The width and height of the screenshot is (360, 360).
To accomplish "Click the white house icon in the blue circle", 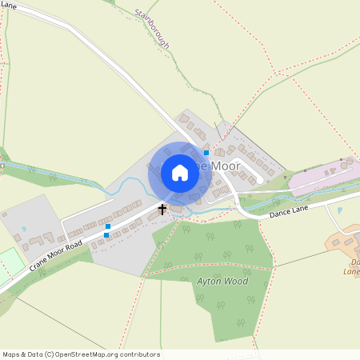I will click(x=180, y=173).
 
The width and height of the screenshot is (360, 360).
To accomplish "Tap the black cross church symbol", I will click(x=162, y=210).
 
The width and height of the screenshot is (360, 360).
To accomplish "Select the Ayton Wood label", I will click(x=222, y=282).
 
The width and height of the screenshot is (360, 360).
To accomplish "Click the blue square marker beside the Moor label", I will click(x=206, y=152).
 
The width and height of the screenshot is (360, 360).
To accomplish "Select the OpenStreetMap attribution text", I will click(x=81, y=354).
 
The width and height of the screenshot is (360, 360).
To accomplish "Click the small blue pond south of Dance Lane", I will click(x=339, y=210).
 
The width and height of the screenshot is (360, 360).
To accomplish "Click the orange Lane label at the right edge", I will click(x=351, y=271).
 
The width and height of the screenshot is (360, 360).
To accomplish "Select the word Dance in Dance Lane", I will click(x=278, y=214).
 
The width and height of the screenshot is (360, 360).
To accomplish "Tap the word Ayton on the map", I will click(x=209, y=282).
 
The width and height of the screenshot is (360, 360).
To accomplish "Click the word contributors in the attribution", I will click(x=137, y=354).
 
